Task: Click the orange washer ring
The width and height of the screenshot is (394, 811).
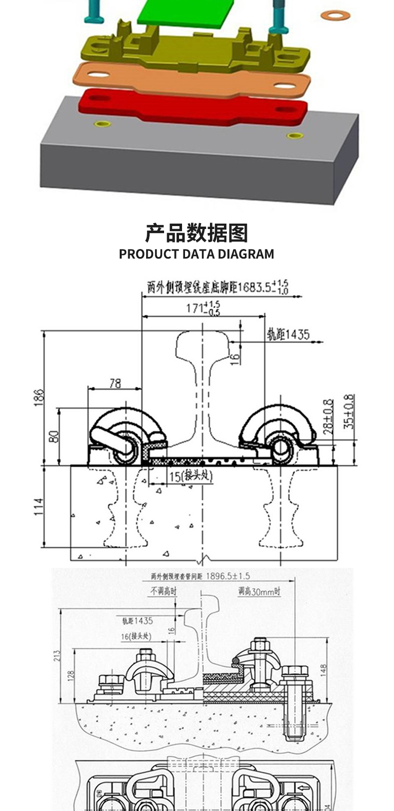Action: pos(335,15)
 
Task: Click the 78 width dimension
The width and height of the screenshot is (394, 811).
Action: pos(115,383)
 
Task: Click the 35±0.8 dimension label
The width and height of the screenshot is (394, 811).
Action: pos(350,412)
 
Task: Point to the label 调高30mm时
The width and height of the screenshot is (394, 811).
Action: pos(259,592)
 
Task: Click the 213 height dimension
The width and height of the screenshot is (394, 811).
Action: pos(57,655)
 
